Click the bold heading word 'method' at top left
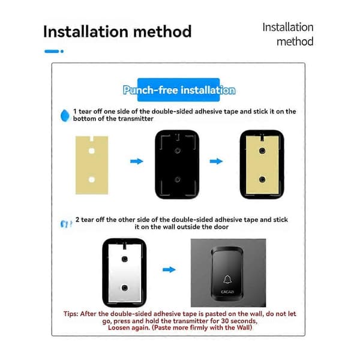pyautogui.click(x=163, y=31)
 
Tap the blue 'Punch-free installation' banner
pyautogui.click(x=179, y=90)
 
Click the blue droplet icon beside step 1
pyautogui.click(x=65, y=115)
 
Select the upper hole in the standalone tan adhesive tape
pyautogui.click(x=92, y=151)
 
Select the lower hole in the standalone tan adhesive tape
pyautogui.click(x=92, y=179)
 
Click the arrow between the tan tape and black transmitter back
pyautogui.click(x=137, y=161)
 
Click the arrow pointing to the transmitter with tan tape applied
pyautogui.click(x=216, y=161)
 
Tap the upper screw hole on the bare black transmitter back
pyautogui.click(x=177, y=151)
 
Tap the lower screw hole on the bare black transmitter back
pyautogui.click(x=177, y=179)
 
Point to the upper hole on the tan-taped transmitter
pyautogui.click(x=262, y=151)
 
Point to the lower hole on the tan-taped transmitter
pyautogui.click(x=262, y=179)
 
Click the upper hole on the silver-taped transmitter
pyautogui.click(x=125, y=259)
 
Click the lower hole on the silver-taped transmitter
pyautogui.click(x=125, y=287)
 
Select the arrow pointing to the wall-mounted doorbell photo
pyautogui.click(x=169, y=269)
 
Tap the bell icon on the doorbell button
pyautogui.click(x=227, y=280)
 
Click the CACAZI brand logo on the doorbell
pyautogui.click(x=227, y=292)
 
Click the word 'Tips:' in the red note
pyautogui.click(x=71, y=314)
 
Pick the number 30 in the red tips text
pyautogui.click(x=225, y=321)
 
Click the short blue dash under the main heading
pyautogui.click(x=52, y=51)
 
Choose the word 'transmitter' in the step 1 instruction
pyautogui.click(x=139, y=119)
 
